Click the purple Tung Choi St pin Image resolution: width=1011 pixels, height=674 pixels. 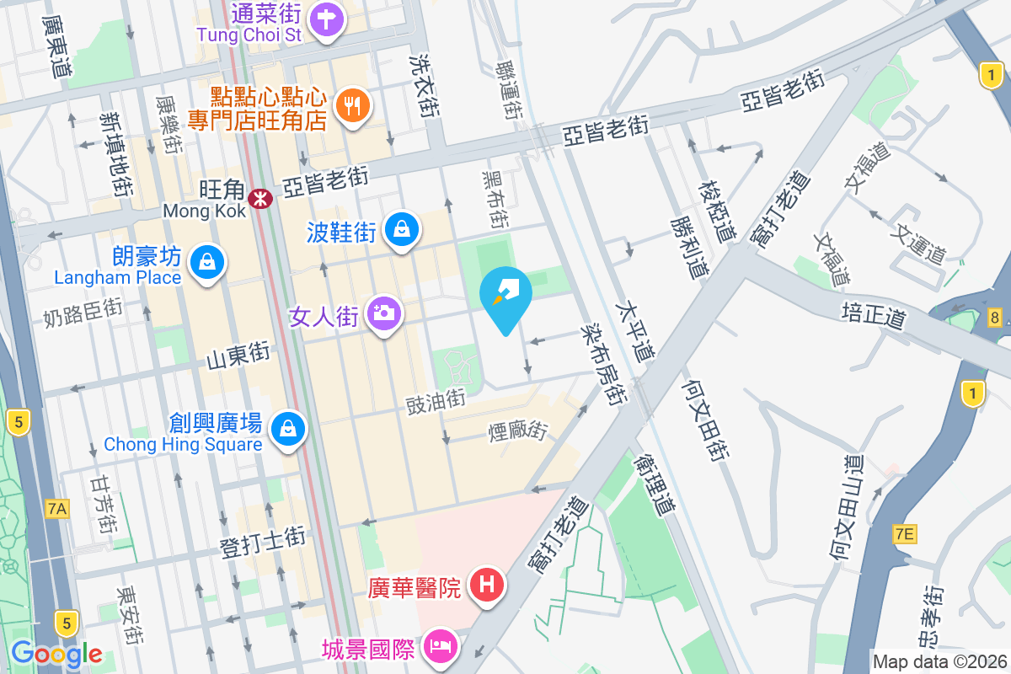tap(326, 19)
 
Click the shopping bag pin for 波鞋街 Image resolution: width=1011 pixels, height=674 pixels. tap(403, 229)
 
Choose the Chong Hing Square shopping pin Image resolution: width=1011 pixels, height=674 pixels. tap(289, 430)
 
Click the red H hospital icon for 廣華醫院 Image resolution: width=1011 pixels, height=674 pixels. tap(486, 584)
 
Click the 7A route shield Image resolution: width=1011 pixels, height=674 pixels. tap(57, 508)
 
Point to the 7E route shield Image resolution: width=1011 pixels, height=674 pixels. tap(905, 533)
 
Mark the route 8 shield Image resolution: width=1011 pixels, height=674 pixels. tap(996, 318)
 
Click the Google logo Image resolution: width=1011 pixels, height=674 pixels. tap(57, 653)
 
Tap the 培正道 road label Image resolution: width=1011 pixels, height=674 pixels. tap(873, 318)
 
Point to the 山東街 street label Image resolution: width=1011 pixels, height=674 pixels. tap(238, 357)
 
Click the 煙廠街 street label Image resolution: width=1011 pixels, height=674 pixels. tap(518, 432)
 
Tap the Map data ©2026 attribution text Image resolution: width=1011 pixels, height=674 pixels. tap(939, 661)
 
